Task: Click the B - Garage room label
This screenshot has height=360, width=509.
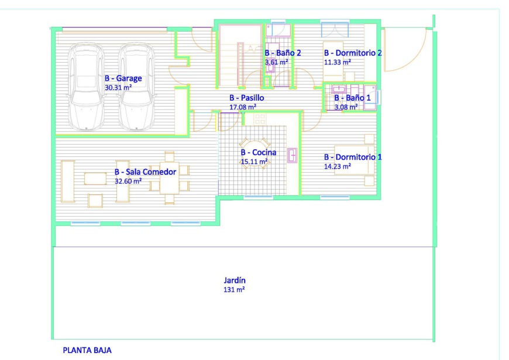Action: point(123,78)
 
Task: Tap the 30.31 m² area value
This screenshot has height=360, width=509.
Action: point(118,87)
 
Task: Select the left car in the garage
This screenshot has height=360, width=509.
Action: point(86,87)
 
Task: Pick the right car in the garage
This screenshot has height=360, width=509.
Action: point(136,87)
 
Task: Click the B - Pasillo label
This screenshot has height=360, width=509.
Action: point(247,98)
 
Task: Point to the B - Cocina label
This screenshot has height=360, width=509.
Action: point(259,152)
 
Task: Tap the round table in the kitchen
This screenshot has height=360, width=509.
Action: point(255,153)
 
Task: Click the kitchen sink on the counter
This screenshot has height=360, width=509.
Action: point(292,155)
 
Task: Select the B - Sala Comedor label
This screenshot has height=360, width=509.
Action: point(145,172)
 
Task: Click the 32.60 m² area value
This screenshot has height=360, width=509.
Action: point(128,181)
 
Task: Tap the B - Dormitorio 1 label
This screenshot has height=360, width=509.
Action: point(353,157)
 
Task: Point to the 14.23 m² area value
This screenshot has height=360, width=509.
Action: point(337,166)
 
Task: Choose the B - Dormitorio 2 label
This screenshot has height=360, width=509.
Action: point(353,53)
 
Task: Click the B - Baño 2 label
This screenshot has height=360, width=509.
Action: point(283,53)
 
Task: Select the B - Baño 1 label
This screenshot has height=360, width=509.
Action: point(352,98)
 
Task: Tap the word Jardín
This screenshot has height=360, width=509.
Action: point(235,280)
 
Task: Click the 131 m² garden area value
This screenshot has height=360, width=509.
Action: point(234,290)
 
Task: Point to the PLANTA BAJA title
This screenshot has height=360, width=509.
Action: point(87,350)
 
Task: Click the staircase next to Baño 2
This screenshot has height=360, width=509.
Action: point(240,55)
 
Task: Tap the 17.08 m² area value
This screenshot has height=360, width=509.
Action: point(243,107)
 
